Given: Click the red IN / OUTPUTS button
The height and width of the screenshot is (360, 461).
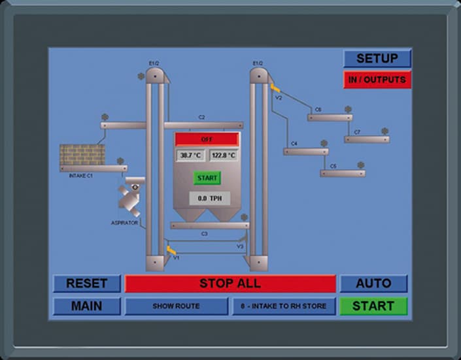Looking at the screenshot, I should [x=377, y=80].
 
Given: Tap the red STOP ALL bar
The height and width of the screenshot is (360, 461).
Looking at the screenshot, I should [x=230, y=284].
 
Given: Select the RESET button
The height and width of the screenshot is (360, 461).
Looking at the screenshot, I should [x=86, y=284].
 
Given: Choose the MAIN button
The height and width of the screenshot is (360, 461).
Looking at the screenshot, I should [x=86, y=306].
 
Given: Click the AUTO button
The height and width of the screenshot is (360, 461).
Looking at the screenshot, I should [x=373, y=284].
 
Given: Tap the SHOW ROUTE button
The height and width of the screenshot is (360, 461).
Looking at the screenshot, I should [x=176, y=306].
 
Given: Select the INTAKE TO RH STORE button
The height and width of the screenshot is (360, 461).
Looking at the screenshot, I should [x=283, y=306].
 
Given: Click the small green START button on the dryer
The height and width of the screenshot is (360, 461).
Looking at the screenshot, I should [x=207, y=178].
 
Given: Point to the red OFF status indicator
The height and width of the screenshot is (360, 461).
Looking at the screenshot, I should [x=207, y=139].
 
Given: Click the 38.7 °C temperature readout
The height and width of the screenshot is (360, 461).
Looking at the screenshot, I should [x=191, y=155].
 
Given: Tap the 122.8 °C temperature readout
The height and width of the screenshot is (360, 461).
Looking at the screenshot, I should [x=223, y=155].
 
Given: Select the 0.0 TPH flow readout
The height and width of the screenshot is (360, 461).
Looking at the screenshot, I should [x=209, y=197].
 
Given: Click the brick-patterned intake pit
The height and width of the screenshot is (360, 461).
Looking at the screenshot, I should [x=82, y=154].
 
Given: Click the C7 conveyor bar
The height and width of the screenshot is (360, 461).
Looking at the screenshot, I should [x=367, y=139].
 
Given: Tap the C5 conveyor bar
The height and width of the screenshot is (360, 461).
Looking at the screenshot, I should [x=342, y=173].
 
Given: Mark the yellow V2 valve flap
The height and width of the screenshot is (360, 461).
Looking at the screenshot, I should [x=275, y=87].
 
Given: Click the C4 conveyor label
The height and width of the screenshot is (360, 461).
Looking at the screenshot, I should [x=294, y=143].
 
